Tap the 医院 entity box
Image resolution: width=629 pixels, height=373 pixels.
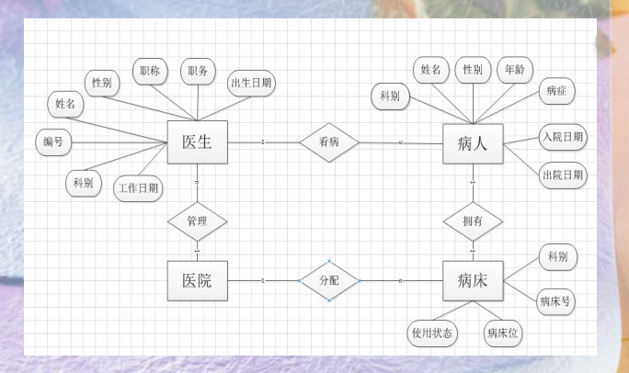coord(197,280)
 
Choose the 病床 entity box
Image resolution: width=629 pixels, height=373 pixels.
coord(473,280)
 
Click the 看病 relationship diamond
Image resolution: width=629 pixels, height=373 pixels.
coord(328,142)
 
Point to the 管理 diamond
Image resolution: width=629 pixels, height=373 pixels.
coord(197,221)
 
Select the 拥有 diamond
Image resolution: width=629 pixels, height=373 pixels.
coord(473,221)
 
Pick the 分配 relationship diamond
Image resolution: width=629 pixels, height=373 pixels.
coord(328,280)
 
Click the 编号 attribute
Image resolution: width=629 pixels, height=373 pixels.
coord(53,142)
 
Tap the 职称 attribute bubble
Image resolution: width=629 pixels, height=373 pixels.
coord(150,71)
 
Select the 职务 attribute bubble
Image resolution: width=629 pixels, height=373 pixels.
coord(198,71)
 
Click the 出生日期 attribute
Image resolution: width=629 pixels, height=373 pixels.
coord(251,82)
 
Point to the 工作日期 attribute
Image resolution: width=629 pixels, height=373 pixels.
coord(138,189)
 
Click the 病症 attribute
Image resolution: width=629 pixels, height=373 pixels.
coord(556,92)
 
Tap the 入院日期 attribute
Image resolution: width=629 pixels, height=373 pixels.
coord(562,138)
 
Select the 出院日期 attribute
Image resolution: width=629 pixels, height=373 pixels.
coord(562,175)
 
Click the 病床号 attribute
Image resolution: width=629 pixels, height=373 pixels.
coord(555,300)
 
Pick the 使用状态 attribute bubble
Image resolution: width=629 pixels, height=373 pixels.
coord(433,333)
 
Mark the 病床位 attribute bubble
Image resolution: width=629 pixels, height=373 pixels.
coord(502,333)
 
